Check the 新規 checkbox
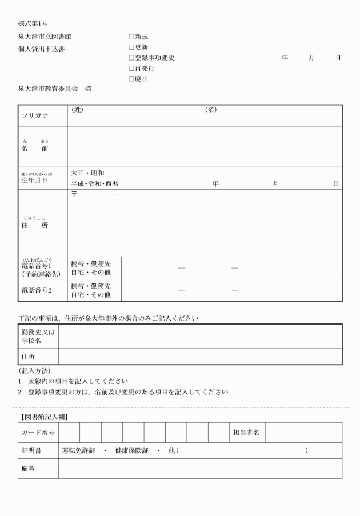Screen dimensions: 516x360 [x=131, y=37]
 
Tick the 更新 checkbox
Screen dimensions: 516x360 [x=131, y=47]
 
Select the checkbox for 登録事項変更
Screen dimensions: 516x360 [x=131, y=58]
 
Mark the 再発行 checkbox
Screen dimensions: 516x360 [x=131, y=69]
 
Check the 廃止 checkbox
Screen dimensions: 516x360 [x=131, y=79]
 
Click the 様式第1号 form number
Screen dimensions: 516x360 [x=33, y=23]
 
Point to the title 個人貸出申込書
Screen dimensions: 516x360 [x=41, y=49]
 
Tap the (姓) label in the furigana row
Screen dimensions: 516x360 [x=77, y=110]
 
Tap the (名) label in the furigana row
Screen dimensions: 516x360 [x=211, y=110]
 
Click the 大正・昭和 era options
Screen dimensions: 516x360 [x=87, y=173]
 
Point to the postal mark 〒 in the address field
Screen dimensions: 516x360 [x=74, y=195]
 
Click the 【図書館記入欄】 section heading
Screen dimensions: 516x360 [x=43, y=417]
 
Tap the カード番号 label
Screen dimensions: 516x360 [x=38, y=433]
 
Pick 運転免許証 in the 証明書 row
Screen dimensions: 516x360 [x=78, y=451]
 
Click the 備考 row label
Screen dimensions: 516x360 [x=29, y=469]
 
